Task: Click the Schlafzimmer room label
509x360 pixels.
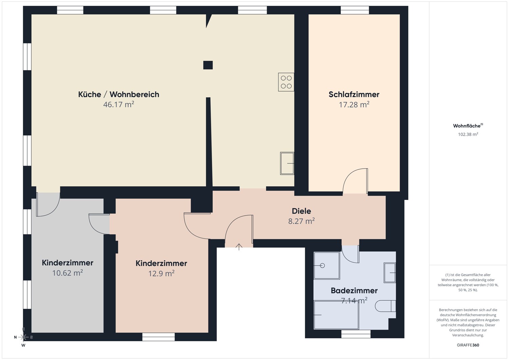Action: [354, 94]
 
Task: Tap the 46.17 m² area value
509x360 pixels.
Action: [118, 105]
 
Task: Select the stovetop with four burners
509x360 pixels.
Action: [286, 82]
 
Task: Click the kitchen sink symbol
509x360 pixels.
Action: [287, 163]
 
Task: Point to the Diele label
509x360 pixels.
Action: [301, 211]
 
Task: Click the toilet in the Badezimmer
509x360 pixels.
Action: [385, 306]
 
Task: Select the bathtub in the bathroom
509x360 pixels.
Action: [336, 315]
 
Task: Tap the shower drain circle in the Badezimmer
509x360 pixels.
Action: [322, 265]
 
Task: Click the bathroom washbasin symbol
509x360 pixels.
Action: [390, 272]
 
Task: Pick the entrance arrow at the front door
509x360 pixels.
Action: [239, 247]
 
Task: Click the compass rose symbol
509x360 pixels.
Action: [23, 337]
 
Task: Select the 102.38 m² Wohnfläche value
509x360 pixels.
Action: [468, 134]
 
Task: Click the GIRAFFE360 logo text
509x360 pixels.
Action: [468, 345]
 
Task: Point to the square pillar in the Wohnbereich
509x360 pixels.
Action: [208, 65]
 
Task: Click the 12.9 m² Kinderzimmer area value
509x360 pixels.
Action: [161, 273]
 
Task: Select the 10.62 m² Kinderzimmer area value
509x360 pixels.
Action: [68, 273]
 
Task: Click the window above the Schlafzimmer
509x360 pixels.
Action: [355, 10]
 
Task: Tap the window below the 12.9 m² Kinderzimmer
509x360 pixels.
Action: [158, 337]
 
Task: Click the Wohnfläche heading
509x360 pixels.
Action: [467, 126]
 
